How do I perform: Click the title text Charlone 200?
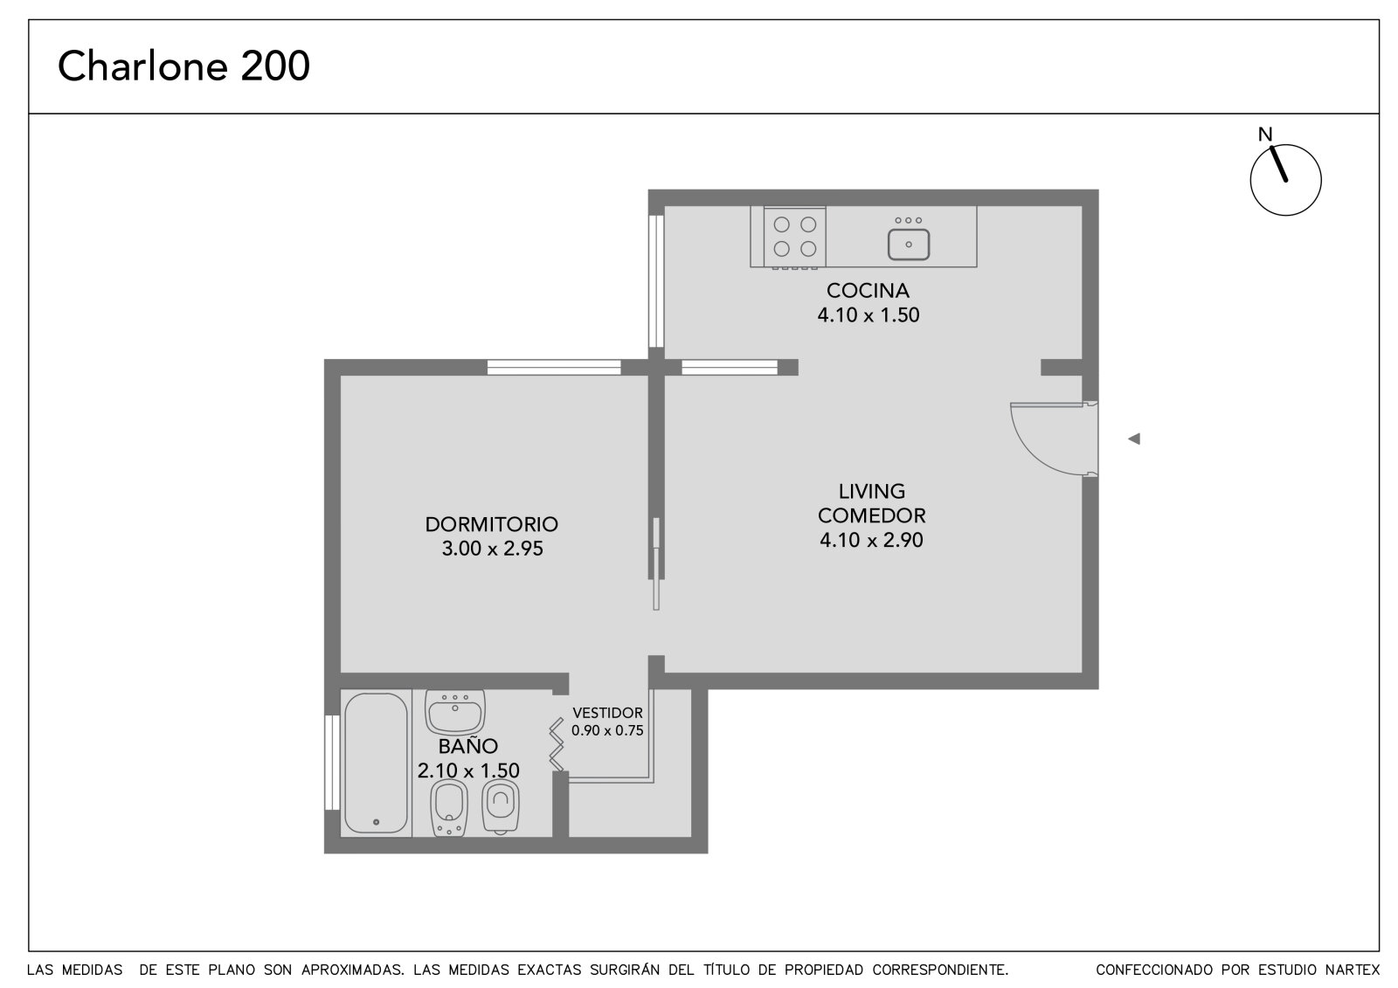pos(183,66)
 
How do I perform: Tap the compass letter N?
pos(1265,135)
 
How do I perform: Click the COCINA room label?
pos(868,290)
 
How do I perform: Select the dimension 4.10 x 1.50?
pos(869,314)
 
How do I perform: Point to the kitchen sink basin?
pos(909,244)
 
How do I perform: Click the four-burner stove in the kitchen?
pos(794,237)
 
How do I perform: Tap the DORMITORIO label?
pos(492,524)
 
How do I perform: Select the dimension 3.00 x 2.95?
pos(493,549)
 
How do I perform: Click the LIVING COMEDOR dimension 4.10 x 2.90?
pos(871,540)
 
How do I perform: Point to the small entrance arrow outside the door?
pos(1134,439)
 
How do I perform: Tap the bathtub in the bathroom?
pos(376,762)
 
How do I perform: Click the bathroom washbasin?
pos(455,712)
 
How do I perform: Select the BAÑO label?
pos(467,747)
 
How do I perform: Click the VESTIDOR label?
pos(607,713)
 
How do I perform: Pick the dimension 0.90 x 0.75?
pos(607,730)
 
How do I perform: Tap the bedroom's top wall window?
pos(554,367)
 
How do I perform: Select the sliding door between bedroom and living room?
pos(656,563)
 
